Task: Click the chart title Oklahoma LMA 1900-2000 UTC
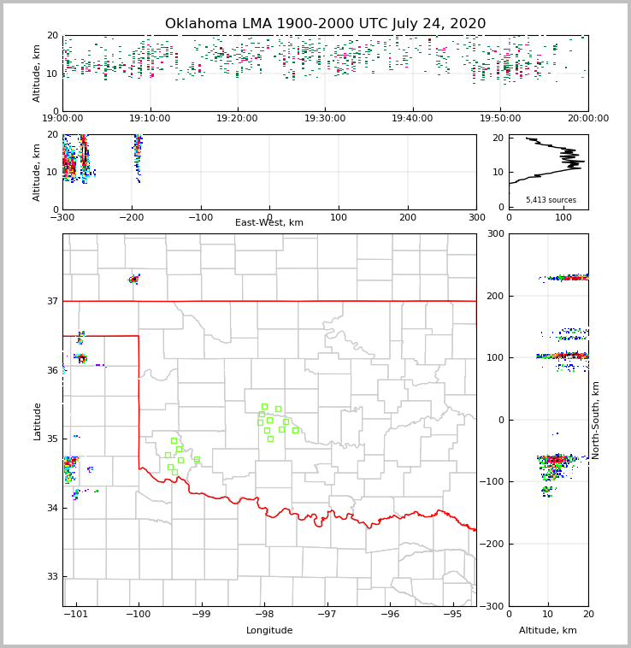pyautogui.click(x=325, y=24)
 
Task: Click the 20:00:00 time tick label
pyautogui.click(x=588, y=119)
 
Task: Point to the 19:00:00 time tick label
pyautogui.click(x=62, y=119)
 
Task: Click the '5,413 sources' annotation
pyautogui.click(x=551, y=200)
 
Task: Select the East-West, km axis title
pyautogui.click(x=269, y=223)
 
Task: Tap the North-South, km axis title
pyautogui.click(x=596, y=420)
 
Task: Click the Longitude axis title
pyautogui.click(x=269, y=631)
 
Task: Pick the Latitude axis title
pyautogui.click(x=37, y=421)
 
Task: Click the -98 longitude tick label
pyautogui.click(x=264, y=615)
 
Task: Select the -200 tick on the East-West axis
pyautogui.click(x=132, y=217)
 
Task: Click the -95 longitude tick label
pyautogui.click(x=453, y=615)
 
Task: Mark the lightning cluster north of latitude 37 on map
pyautogui.click(x=134, y=279)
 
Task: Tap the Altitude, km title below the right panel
pyautogui.click(x=548, y=631)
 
